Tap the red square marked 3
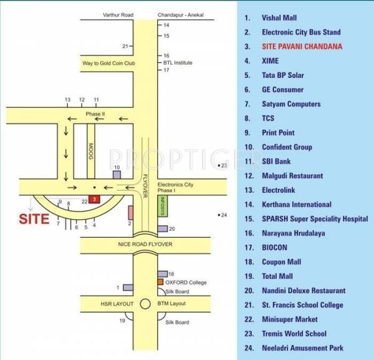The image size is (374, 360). click(x=93, y=198)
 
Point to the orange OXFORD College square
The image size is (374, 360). click(x=160, y=282)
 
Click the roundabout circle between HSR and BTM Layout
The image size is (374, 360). click(x=145, y=304)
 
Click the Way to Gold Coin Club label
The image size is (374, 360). click(x=109, y=64)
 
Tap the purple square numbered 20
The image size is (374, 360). click(x=163, y=229)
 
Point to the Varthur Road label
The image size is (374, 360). click(x=105, y=14)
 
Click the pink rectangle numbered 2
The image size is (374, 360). click(x=130, y=212)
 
